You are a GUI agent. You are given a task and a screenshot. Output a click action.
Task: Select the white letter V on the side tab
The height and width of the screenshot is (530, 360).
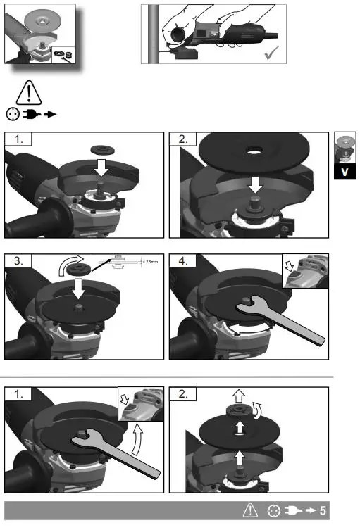pyautogui.click(x=345, y=171)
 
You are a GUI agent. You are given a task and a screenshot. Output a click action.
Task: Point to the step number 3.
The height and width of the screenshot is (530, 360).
pyautogui.click(x=15, y=262)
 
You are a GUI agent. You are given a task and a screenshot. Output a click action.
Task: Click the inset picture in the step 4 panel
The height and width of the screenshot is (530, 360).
pyautogui.click(x=304, y=271)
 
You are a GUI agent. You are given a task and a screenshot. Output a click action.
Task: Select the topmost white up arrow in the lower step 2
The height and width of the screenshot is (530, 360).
pyautogui.click(x=240, y=396)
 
